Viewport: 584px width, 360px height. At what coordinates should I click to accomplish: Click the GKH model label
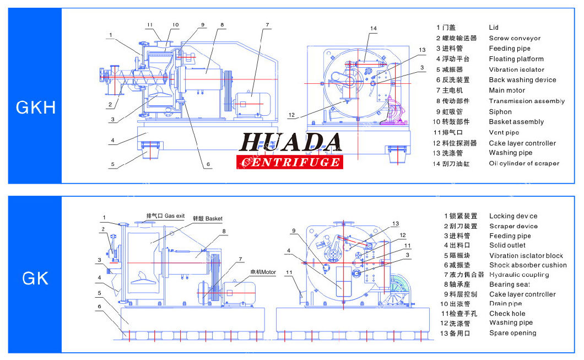36,107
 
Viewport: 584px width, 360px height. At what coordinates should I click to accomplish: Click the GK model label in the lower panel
36,278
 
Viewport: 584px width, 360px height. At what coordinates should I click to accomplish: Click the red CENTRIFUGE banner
290,162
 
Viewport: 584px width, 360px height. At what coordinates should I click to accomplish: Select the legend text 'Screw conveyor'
515,38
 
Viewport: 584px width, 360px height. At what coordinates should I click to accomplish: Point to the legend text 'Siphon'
501,111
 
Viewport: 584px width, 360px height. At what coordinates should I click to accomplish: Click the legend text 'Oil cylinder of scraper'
524,163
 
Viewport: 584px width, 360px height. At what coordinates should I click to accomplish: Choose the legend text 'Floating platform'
516,59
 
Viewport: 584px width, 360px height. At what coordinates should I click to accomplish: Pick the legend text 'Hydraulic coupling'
519,275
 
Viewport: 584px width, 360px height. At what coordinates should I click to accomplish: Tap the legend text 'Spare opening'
512,333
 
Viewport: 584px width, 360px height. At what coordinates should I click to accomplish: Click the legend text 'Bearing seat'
510,284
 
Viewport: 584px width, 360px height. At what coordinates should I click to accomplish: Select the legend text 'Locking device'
513,216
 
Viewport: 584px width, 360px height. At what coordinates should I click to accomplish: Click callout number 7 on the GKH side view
267,25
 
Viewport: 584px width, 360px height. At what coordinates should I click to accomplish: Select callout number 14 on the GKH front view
374,28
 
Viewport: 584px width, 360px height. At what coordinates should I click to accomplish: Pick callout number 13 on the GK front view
395,223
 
